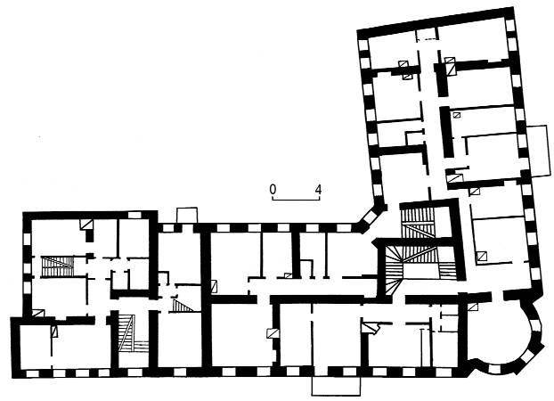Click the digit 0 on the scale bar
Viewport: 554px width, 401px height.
pyautogui.click(x=273, y=189)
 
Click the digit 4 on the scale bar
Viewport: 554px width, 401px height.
pyautogui.click(x=318, y=190)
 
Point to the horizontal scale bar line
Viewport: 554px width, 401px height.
pyautogui.click(x=296, y=200)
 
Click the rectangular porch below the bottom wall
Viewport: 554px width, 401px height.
pyautogui.click(x=336, y=386)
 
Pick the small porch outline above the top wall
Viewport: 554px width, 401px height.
pyautogui.click(x=186, y=216)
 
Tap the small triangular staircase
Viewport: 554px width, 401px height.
pyautogui.click(x=181, y=305)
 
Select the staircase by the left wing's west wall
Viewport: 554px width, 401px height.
pyautogui.click(x=57, y=266)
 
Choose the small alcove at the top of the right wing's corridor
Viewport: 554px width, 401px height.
pyautogui.click(x=427, y=35)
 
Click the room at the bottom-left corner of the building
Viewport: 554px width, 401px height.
pyautogui.click(x=35, y=346)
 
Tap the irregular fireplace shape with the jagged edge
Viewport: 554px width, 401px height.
pyautogui.click(x=370, y=327)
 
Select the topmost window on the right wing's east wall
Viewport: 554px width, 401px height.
pyautogui.click(x=510, y=24)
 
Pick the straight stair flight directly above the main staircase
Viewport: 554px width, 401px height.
pyautogui.click(x=419, y=221)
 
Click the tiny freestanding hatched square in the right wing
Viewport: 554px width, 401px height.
pyautogui.click(x=457, y=114)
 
